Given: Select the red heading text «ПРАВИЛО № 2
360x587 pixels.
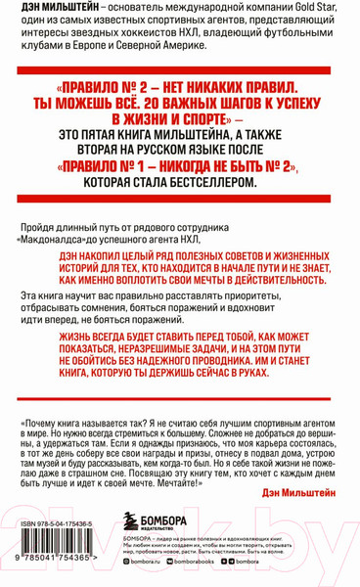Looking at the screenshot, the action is tap(103, 83).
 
